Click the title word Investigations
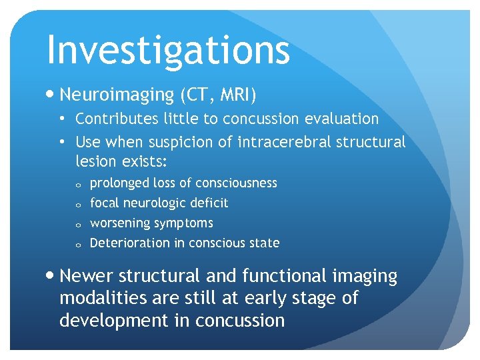[168, 50]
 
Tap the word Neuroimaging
[117, 95]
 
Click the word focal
[105, 203]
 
